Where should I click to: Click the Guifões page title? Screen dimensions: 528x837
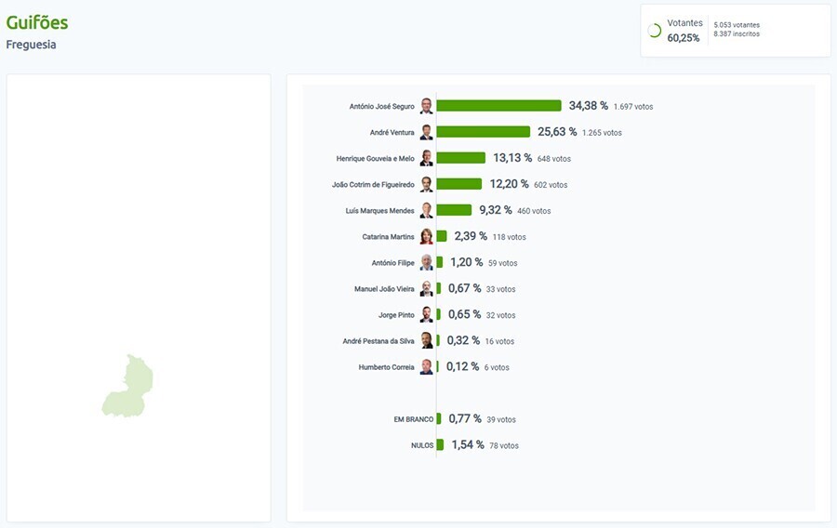click(x=37, y=22)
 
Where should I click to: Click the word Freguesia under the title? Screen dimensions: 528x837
click(x=31, y=45)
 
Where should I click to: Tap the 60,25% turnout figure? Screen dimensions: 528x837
click(x=684, y=38)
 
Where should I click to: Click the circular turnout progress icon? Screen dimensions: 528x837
click(x=654, y=31)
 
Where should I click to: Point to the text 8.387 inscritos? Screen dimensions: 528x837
click(x=737, y=34)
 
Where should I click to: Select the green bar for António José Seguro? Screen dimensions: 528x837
click(x=498, y=106)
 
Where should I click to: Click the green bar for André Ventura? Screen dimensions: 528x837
click(x=483, y=132)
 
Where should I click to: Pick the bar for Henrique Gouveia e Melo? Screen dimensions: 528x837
click(x=460, y=158)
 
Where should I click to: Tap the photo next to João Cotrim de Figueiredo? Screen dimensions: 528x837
click(x=426, y=184)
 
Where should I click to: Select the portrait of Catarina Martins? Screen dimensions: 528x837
click(x=426, y=236)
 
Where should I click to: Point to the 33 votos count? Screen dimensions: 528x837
click(x=500, y=289)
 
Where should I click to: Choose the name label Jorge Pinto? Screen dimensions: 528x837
click(x=396, y=315)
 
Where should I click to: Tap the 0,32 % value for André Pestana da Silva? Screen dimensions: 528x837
click(x=463, y=341)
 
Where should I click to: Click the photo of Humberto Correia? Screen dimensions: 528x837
click(x=426, y=367)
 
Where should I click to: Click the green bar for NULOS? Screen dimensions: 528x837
click(x=440, y=445)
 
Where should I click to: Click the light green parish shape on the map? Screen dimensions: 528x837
click(x=128, y=388)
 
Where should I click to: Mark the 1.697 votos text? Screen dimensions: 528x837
click(x=633, y=107)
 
